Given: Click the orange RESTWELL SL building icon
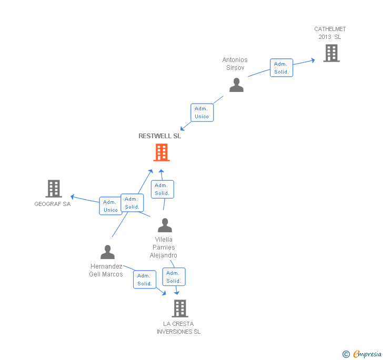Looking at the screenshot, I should (x=162, y=152).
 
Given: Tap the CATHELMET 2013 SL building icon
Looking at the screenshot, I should (x=331, y=53).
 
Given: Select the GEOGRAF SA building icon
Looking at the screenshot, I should (x=53, y=189).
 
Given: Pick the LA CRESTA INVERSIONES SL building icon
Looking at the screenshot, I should (x=179, y=308).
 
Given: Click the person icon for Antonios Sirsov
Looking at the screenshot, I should (x=236, y=85).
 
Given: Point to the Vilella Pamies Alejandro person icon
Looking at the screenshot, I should (x=165, y=225).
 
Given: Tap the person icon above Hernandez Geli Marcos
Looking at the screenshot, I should (x=107, y=252).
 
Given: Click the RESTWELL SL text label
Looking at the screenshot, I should (x=159, y=136).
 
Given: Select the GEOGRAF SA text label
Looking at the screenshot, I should (x=52, y=204).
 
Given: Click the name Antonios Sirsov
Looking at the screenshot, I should (x=235, y=64).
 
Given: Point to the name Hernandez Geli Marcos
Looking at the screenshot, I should (x=106, y=270).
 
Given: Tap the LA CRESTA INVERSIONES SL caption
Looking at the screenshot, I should (x=178, y=327).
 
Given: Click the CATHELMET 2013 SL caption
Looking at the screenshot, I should (x=330, y=33).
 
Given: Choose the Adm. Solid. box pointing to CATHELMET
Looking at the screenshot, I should (x=281, y=68).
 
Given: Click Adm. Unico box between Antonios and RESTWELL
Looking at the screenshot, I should (x=201, y=112).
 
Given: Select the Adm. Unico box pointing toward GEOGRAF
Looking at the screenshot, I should (x=110, y=206).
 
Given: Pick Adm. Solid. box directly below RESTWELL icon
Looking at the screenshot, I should (x=162, y=189).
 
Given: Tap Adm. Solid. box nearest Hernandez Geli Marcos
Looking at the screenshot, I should (x=145, y=280).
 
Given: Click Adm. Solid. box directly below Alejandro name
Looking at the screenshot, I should (x=174, y=277).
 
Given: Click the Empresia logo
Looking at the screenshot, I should (x=362, y=354).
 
